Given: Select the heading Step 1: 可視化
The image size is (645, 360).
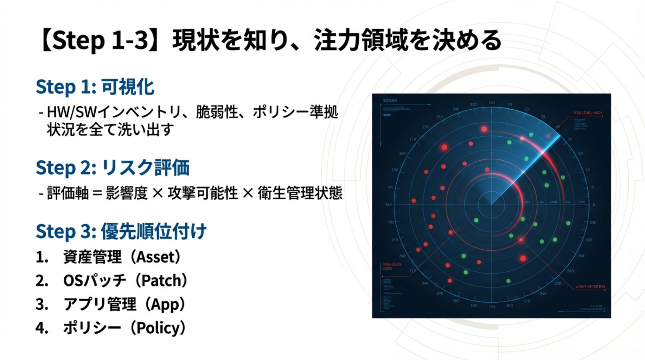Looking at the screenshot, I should pyautogui.click(x=95, y=87).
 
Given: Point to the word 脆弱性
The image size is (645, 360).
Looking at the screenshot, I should pyautogui.click(x=217, y=112).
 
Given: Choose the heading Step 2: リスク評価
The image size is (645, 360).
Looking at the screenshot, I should pyautogui.click(x=113, y=167).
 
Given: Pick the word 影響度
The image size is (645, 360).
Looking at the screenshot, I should pyautogui.click(x=127, y=193).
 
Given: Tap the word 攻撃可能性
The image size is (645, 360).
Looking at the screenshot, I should pyautogui.click(x=203, y=193).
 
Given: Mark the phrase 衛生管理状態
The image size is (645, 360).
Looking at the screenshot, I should pyautogui.click(x=300, y=193).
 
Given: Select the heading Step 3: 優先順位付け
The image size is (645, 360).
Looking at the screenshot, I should pyautogui.click(x=121, y=231).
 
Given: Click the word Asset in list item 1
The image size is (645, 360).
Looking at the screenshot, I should pyautogui.click(x=155, y=257).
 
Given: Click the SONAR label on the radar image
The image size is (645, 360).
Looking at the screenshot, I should pyautogui.click(x=390, y=101).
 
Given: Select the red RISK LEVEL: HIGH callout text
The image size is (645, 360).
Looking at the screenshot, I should pyautogui.click(x=587, y=113).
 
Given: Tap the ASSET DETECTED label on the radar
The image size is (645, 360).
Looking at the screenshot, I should pyautogui.click(x=590, y=287).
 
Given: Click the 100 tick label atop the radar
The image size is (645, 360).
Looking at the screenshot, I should pyautogui.click(x=492, y=103).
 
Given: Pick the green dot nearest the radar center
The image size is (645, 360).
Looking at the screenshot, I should pyautogui.click(x=476, y=220).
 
